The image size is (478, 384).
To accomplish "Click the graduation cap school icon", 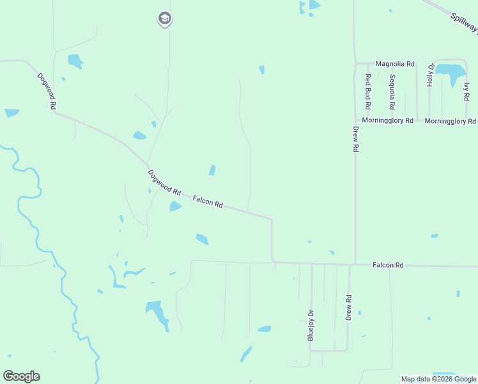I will [165, 19].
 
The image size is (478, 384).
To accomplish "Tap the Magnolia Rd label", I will [395, 64].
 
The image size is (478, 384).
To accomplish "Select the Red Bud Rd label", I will [368, 91].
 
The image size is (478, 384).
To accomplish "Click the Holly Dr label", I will [431, 75].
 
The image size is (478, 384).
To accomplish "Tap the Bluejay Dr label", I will [311, 325].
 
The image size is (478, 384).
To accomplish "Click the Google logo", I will [21, 376].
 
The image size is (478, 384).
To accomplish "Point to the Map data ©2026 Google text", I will [438, 379].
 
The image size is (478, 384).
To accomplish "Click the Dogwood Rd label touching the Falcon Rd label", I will [165, 182].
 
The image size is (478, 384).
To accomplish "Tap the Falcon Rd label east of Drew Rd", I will [389, 265].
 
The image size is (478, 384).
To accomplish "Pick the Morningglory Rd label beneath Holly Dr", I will [450, 121].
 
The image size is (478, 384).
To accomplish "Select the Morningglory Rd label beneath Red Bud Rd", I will [388, 120].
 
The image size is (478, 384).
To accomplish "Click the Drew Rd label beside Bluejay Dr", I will [349, 307].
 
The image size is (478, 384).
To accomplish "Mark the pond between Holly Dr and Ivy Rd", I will [452, 72].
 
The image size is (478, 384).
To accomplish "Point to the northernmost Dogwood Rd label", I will [46, 92].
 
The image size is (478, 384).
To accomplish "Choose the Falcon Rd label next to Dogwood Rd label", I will [208, 202].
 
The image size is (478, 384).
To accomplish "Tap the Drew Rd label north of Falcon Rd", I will [356, 138].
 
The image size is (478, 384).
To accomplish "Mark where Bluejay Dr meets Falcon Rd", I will [311, 264].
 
